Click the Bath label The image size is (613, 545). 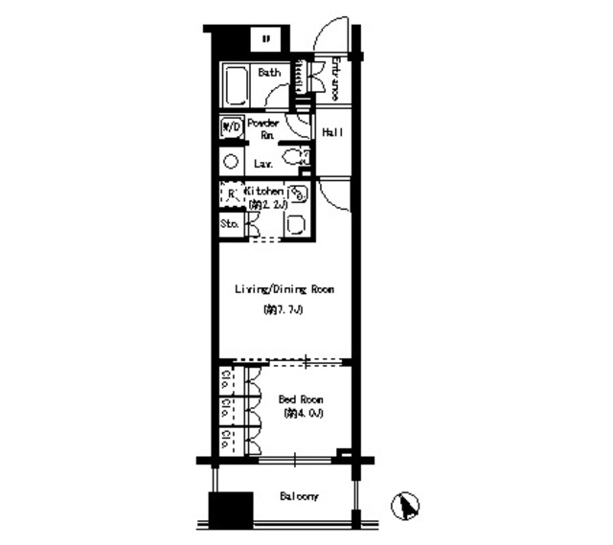tap(269, 72)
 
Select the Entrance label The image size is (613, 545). tap(336, 80)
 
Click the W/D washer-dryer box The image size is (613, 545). tap(231, 126)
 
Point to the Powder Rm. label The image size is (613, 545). tap(263, 129)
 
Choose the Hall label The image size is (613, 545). tap(332, 132)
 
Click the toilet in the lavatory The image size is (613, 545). tap(296, 157)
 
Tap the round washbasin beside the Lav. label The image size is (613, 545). tap(231, 161)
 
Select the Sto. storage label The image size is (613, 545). tap(230, 224)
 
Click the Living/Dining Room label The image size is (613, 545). tap(284, 288)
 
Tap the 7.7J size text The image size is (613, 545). tap(284, 310)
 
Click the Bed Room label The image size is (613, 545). tap(301, 398)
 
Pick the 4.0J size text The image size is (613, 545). tap(304, 414)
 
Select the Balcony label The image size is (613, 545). tap(300, 497)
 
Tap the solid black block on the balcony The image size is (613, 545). tap(230, 509)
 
